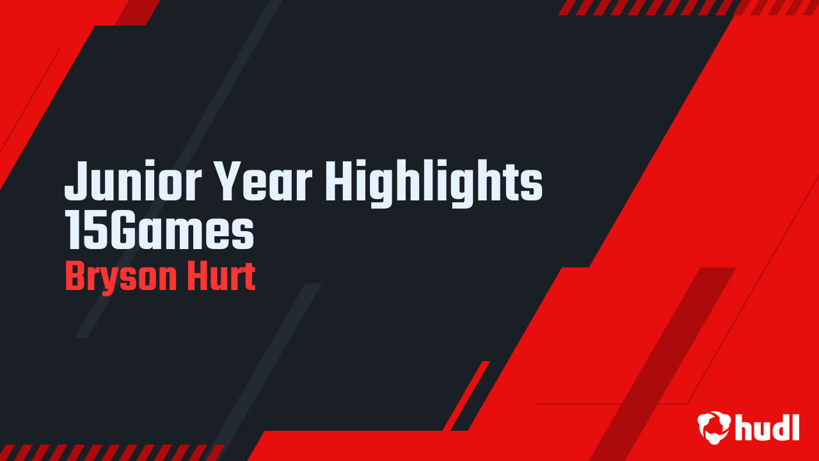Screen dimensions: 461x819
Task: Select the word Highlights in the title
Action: coord(434,182)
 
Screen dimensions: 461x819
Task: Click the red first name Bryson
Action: coord(116,277)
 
